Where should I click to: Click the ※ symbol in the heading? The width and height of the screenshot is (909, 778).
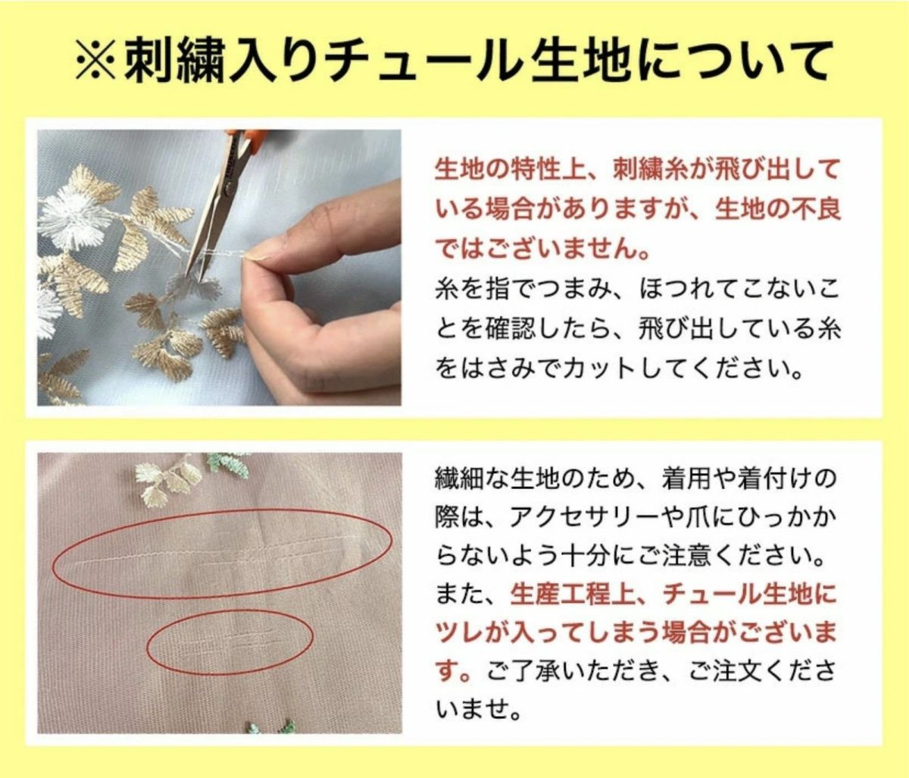[x=96, y=61]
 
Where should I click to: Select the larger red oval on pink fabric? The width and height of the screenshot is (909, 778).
[x=222, y=554]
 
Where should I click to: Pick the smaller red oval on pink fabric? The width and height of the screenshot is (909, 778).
[x=230, y=642]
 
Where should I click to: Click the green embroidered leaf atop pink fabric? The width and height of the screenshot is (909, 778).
[x=228, y=463]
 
